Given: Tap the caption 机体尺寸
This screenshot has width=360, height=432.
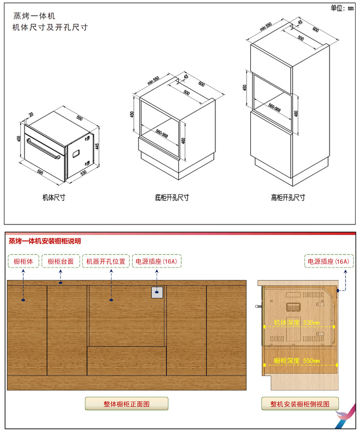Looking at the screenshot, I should point(54,197).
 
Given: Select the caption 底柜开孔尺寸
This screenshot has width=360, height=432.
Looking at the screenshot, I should point(172,197).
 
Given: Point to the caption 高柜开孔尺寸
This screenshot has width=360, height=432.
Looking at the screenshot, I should point(288,197).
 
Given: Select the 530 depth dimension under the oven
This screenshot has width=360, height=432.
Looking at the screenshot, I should point(83,173).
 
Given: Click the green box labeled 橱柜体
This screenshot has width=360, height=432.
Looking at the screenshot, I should point(23,262).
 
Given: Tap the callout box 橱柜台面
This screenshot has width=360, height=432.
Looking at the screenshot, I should point(61,262).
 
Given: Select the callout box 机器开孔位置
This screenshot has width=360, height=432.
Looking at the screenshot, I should point(106,262).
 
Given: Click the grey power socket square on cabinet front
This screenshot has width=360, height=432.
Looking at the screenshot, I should point(157,292).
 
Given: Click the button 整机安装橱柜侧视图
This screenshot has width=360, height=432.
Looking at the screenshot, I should point(300,404).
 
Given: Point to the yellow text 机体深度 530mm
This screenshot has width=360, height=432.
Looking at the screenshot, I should point(297,322).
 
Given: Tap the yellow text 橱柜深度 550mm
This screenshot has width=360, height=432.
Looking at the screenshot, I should point(297,361).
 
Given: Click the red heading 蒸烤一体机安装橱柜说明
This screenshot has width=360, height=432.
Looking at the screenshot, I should point(45,241).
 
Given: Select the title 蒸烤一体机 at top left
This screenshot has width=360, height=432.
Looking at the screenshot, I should point(34,16).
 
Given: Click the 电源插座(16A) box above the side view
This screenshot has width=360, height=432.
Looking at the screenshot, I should point(328,262).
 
